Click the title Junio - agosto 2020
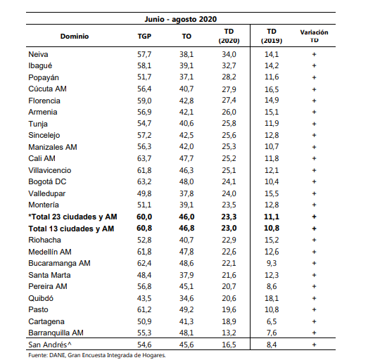[x=181, y=19]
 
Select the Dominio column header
[x=75, y=37]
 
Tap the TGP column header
[x=144, y=37]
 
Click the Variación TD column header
[x=314, y=36]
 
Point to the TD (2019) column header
[x=272, y=36]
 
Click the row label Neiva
[x=38, y=54]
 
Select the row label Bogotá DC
[x=47, y=181]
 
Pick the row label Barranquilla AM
[x=56, y=333]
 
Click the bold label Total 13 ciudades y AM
[x=71, y=229]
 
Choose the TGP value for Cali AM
[x=144, y=158]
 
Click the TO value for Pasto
[x=186, y=309]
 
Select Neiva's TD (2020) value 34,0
[x=229, y=54]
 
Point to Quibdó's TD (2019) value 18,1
[x=272, y=298]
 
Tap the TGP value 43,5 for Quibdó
[x=144, y=298]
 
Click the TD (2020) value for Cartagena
[x=229, y=321]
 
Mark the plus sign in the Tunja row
[x=314, y=124]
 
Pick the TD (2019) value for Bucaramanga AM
[x=272, y=263]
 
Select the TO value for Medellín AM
[x=186, y=252]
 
